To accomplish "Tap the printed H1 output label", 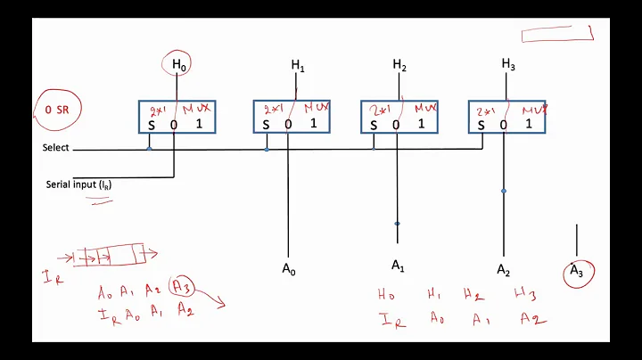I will [x=298, y=65].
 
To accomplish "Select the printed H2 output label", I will [x=399, y=65].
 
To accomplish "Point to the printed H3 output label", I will [x=508, y=65].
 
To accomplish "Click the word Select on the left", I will [x=55, y=148].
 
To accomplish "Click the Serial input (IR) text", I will [x=79, y=184].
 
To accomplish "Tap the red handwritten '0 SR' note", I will [x=57, y=108].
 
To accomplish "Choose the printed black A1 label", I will [x=398, y=265].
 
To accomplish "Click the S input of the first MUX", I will [x=151, y=124].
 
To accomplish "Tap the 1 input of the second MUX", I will [x=313, y=124].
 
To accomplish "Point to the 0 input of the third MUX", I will [x=396, y=124].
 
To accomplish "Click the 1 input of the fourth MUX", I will [x=528, y=124].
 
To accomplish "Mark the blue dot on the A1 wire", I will [x=397, y=224].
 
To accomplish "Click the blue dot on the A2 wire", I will [x=504, y=191].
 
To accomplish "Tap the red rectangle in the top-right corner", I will [x=557, y=34].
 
